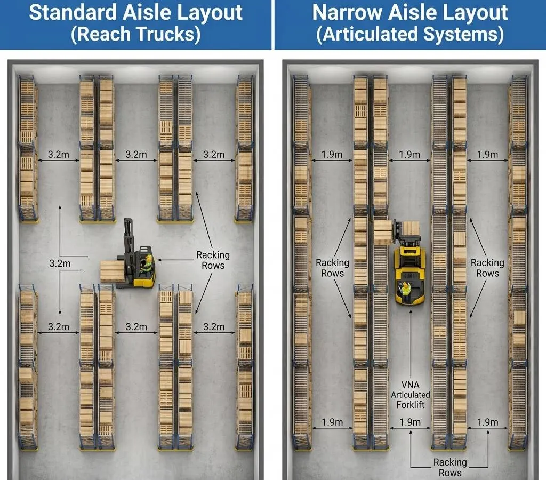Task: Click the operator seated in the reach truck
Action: click(146, 262)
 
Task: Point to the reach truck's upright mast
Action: click(128, 235)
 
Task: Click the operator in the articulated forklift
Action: click(406, 290)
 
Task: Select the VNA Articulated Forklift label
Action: click(410, 395)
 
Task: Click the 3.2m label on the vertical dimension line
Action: click(60, 263)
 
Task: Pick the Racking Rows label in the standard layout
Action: click(213, 260)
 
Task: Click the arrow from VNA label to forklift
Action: click(410, 341)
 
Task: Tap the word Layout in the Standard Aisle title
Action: click(207, 12)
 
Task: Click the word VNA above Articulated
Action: click(410, 385)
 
